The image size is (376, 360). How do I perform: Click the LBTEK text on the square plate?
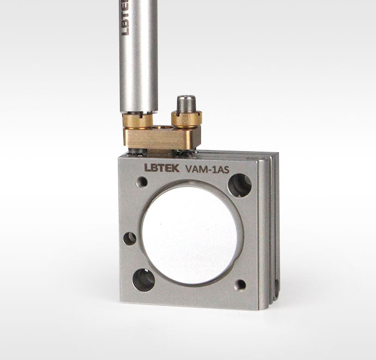162,168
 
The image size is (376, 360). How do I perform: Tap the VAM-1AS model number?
208,169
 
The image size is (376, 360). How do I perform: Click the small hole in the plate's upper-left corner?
142,182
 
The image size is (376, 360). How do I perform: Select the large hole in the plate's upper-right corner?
240,185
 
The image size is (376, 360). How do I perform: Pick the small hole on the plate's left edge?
130,238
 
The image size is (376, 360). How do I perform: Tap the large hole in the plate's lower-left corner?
144,280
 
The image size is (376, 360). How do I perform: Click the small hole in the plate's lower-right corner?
240,285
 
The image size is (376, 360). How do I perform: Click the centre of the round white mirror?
190,235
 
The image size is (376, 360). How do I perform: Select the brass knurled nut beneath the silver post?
138,120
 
